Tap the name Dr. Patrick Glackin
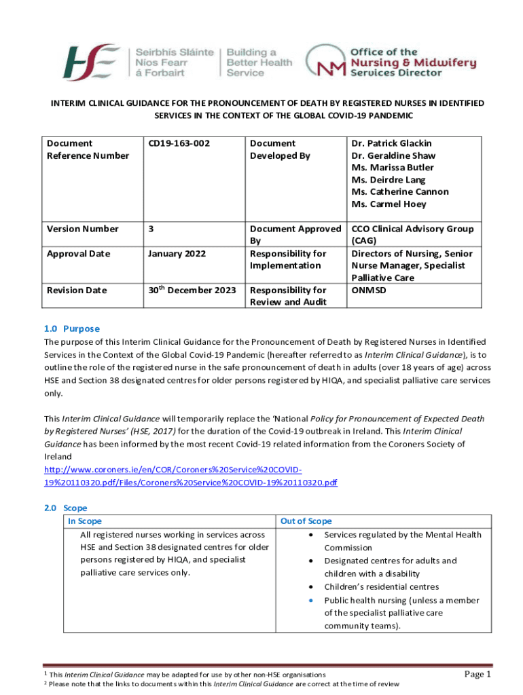pyautogui.click(x=391, y=143)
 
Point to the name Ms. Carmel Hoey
pyautogui.click(x=389, y=204)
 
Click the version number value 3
pyautogui.click(x=150, y=229)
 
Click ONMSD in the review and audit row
pyautogui.click(x=369, y=290)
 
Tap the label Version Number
pyautogui.click(x=82, y=229)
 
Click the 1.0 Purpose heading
pyautogui.click(x=71, y=328)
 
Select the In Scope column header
pyautogui.click(x=85, y=521)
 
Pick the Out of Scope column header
pyautogui.click(x=306, y=521)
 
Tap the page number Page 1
pyautogui.click(x=477, y=674)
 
